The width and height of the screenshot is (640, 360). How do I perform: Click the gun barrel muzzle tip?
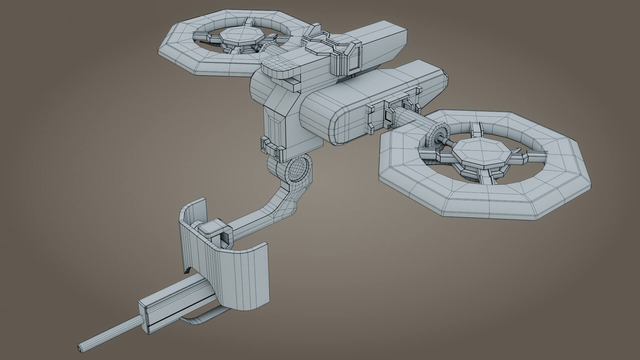pyautogui.click(x=80, y=347)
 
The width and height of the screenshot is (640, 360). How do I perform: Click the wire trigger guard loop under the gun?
pyautogui.click(x=200, y=320)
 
